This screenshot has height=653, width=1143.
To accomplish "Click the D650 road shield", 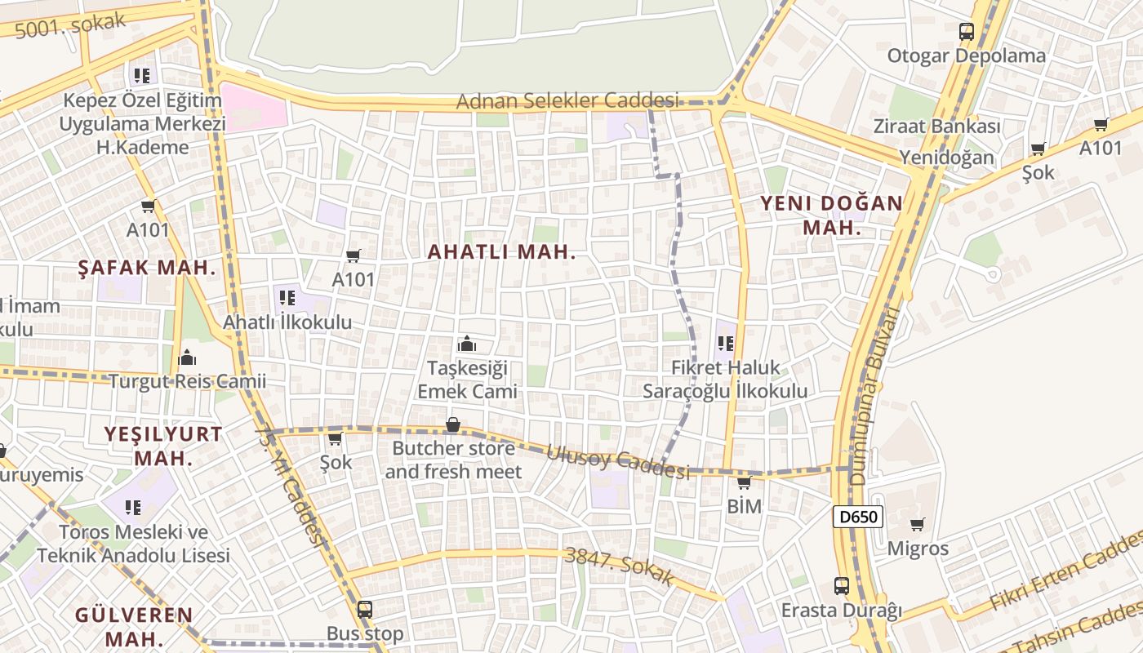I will point(858,517).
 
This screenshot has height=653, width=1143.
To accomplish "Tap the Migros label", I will point(918,549).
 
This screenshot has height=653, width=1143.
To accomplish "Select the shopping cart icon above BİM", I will point(744,482).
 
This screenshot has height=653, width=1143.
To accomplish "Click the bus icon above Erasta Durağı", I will point(842,585).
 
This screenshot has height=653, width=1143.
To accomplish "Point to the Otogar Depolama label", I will point(966,56).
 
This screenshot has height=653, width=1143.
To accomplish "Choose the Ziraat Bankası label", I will point(936,127).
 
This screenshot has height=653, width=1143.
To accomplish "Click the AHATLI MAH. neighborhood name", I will point(501,252).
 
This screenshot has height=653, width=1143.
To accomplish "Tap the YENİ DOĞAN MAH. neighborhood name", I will point(832,215).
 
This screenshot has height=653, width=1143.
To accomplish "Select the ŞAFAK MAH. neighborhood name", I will point(147,267).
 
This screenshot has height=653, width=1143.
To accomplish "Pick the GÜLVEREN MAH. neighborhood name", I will point(134,625).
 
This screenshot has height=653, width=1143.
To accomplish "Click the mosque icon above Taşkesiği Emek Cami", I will point(467,344).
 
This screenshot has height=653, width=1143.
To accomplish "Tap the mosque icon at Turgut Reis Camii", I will point(187,358).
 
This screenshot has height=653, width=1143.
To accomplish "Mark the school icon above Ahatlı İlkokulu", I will point(287,298).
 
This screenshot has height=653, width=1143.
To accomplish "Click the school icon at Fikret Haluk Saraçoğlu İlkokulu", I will point(726,344).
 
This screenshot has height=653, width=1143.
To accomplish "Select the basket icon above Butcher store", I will point(452,424).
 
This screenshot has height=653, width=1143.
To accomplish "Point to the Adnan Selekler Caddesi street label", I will point(567,101).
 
